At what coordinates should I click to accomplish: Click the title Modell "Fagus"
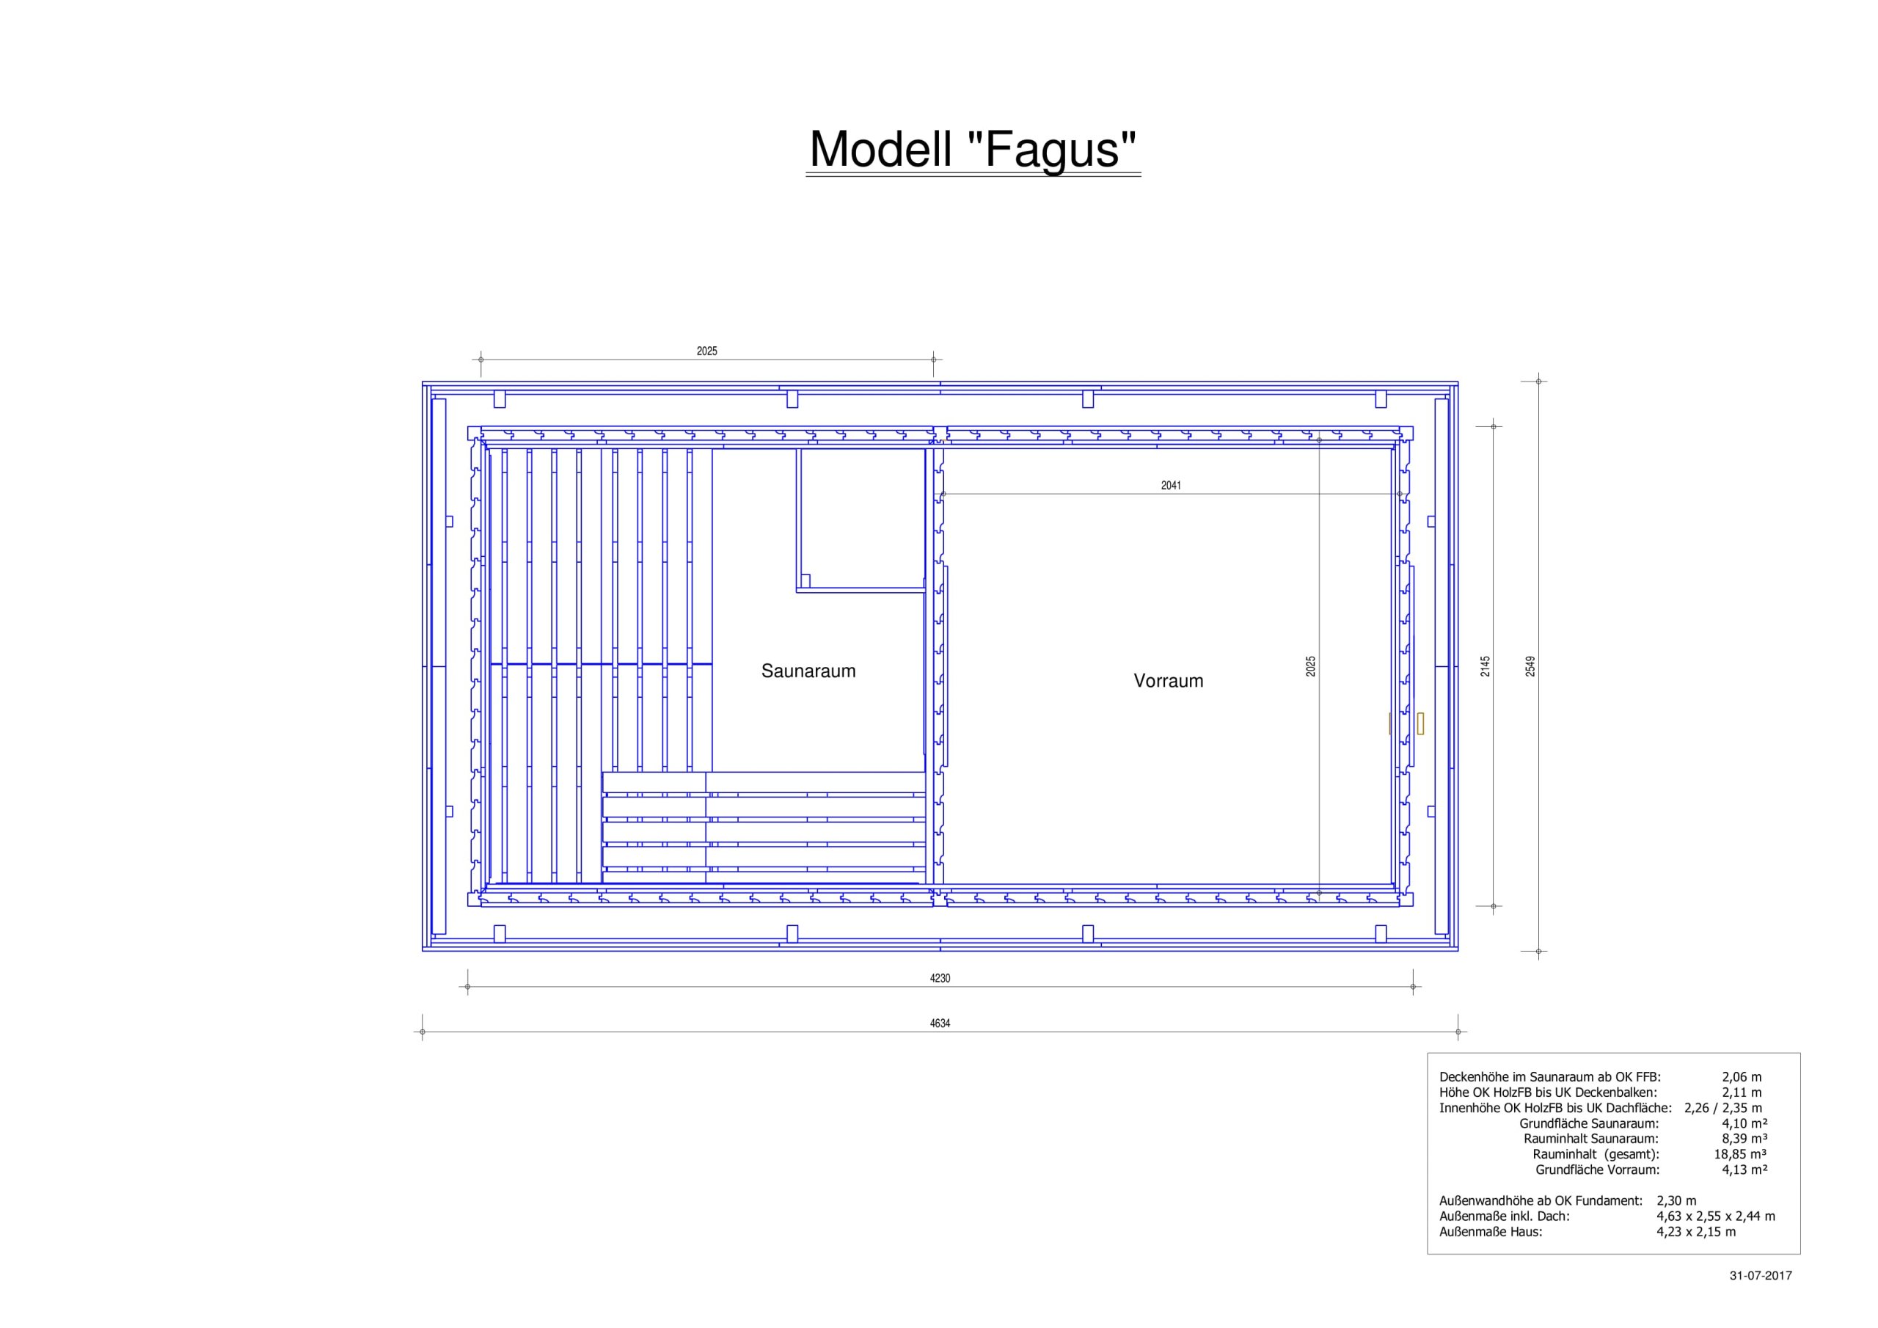pyautogui.click(x=973, y=149)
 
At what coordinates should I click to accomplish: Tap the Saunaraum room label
pyautogui.click(x=808, y=671)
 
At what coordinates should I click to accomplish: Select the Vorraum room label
pyautogui.click(x=1168, y=681)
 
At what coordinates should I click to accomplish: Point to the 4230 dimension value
pyautogui.click(x=940, y=978)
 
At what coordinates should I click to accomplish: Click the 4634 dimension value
pyautogui.click(x=940, y=1023)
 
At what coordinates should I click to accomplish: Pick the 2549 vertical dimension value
pyautogui.click(x=1530, y=666)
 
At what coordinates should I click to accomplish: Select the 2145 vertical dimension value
pyautogui.click(x=1486, y=666)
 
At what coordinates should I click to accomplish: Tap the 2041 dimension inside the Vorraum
pyautogui.click(x=1172, y=485)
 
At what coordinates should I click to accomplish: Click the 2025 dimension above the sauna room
pyautogui.click(x=706, y=351)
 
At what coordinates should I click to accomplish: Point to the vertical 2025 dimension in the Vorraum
pyautogui.click(x=1311, y=666)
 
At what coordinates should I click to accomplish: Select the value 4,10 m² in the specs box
pyautogui.click(x=1744, y=1123)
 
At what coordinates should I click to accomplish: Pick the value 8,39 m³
pyautogui.click(x=1744, y=1139)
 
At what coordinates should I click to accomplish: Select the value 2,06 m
pyautogui.click(x=1742, y=1078)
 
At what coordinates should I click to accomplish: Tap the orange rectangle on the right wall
pyautogui.click(x=1420, y=723)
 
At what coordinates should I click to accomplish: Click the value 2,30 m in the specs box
pyautogui.click(x=1677, y=1201)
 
